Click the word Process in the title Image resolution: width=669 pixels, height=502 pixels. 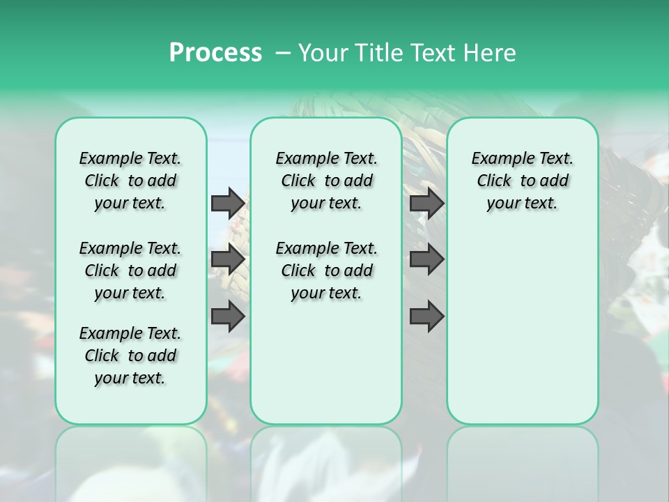(215, 53)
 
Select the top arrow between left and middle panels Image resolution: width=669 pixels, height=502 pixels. (228, 204)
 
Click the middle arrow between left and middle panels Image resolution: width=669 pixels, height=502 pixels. (228, 259)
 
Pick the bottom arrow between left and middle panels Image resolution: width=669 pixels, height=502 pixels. (228, 317)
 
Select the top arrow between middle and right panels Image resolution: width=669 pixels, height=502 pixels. (426, 204)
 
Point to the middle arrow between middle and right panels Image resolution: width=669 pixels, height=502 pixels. (426, 259)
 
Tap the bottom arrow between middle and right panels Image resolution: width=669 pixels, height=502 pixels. (426, 317)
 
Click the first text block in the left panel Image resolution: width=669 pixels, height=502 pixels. (130, 181)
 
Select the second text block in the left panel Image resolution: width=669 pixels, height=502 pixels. (130, 271)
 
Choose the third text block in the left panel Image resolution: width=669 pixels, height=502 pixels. (130, 356)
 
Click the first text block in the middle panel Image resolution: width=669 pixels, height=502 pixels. (326, 181)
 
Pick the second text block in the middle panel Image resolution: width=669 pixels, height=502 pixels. (326, 271)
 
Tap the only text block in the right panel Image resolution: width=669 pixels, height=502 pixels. (522, 181)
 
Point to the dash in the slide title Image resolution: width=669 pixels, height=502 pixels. (283, 53)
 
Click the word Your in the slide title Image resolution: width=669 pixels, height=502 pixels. (323, 53)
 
